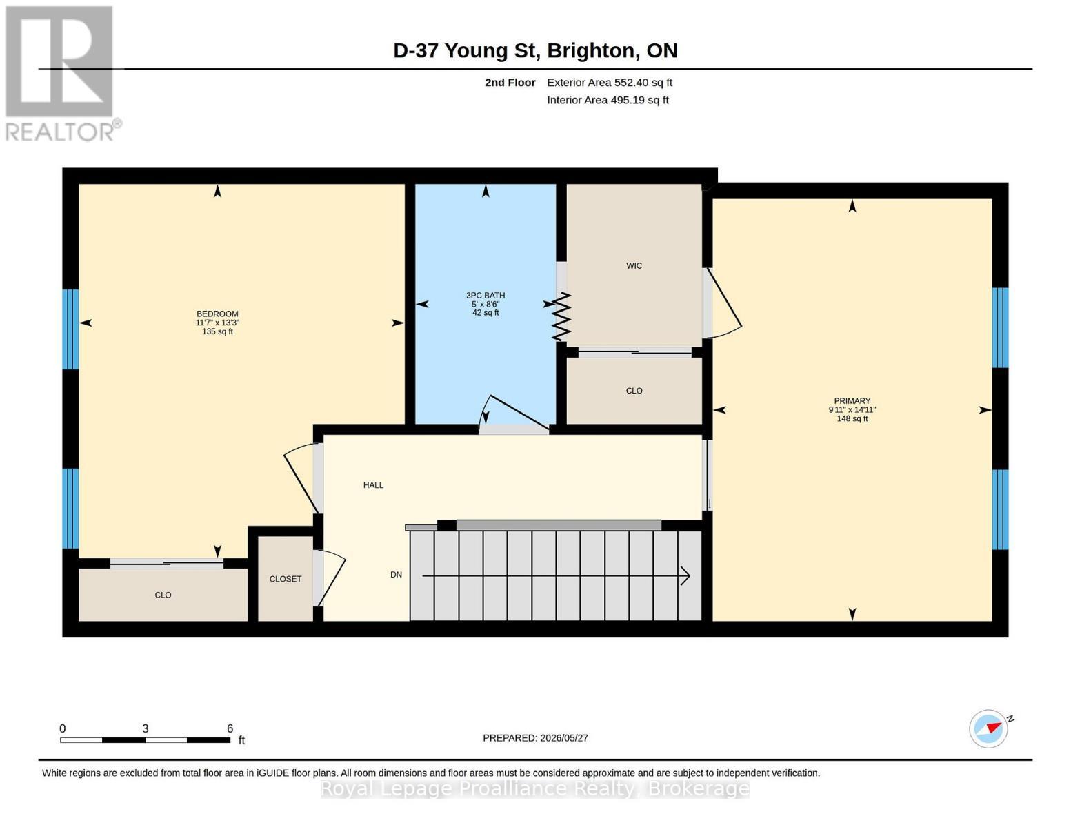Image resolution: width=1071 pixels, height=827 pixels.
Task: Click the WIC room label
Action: click(634, 266)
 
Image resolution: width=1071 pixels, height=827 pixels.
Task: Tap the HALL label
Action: click(373, 485)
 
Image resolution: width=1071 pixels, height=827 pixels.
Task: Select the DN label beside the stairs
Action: click(397, 574)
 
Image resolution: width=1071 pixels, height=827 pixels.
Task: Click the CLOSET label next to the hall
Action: click(286, 579)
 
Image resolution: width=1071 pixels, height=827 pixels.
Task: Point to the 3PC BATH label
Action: click(486, 296)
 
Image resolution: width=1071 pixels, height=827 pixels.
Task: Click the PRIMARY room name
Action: click(852, 401)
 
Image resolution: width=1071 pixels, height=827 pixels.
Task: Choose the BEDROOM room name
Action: click(217, 314)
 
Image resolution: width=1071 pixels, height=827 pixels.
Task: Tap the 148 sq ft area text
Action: click(852, 419)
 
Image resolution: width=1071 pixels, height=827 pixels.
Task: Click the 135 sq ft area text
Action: click(217, 331)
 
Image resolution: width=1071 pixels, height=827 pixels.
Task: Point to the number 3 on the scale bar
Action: click(145, 728)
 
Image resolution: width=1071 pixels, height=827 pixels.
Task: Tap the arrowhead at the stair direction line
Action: click(685, 575)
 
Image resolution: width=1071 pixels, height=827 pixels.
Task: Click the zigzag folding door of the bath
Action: click(561, 316)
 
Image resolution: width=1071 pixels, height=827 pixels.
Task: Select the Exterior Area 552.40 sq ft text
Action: click(610, 83)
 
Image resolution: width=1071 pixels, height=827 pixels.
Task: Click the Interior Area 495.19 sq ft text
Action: click(608, 101)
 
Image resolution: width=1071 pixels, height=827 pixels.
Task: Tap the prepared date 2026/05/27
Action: click(564, 738)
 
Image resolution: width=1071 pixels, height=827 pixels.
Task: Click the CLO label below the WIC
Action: click(634, 391)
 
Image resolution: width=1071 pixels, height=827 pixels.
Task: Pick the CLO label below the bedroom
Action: click(163, 595)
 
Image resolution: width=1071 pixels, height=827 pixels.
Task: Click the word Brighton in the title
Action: click(590, 51)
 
